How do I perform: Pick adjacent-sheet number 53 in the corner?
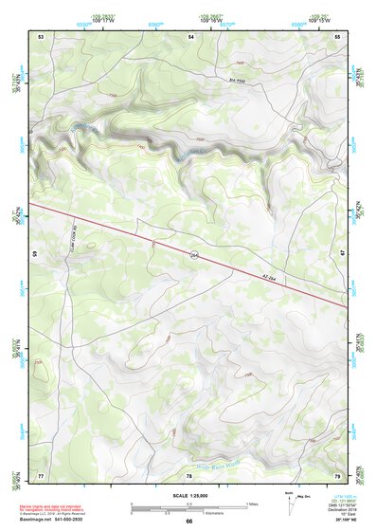click(42, 36)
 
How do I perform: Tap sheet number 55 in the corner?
click(338, 36)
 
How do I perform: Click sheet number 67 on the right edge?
click(342, 252)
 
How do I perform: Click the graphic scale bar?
click(189, 505)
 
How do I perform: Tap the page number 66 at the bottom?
click(188, 521)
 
